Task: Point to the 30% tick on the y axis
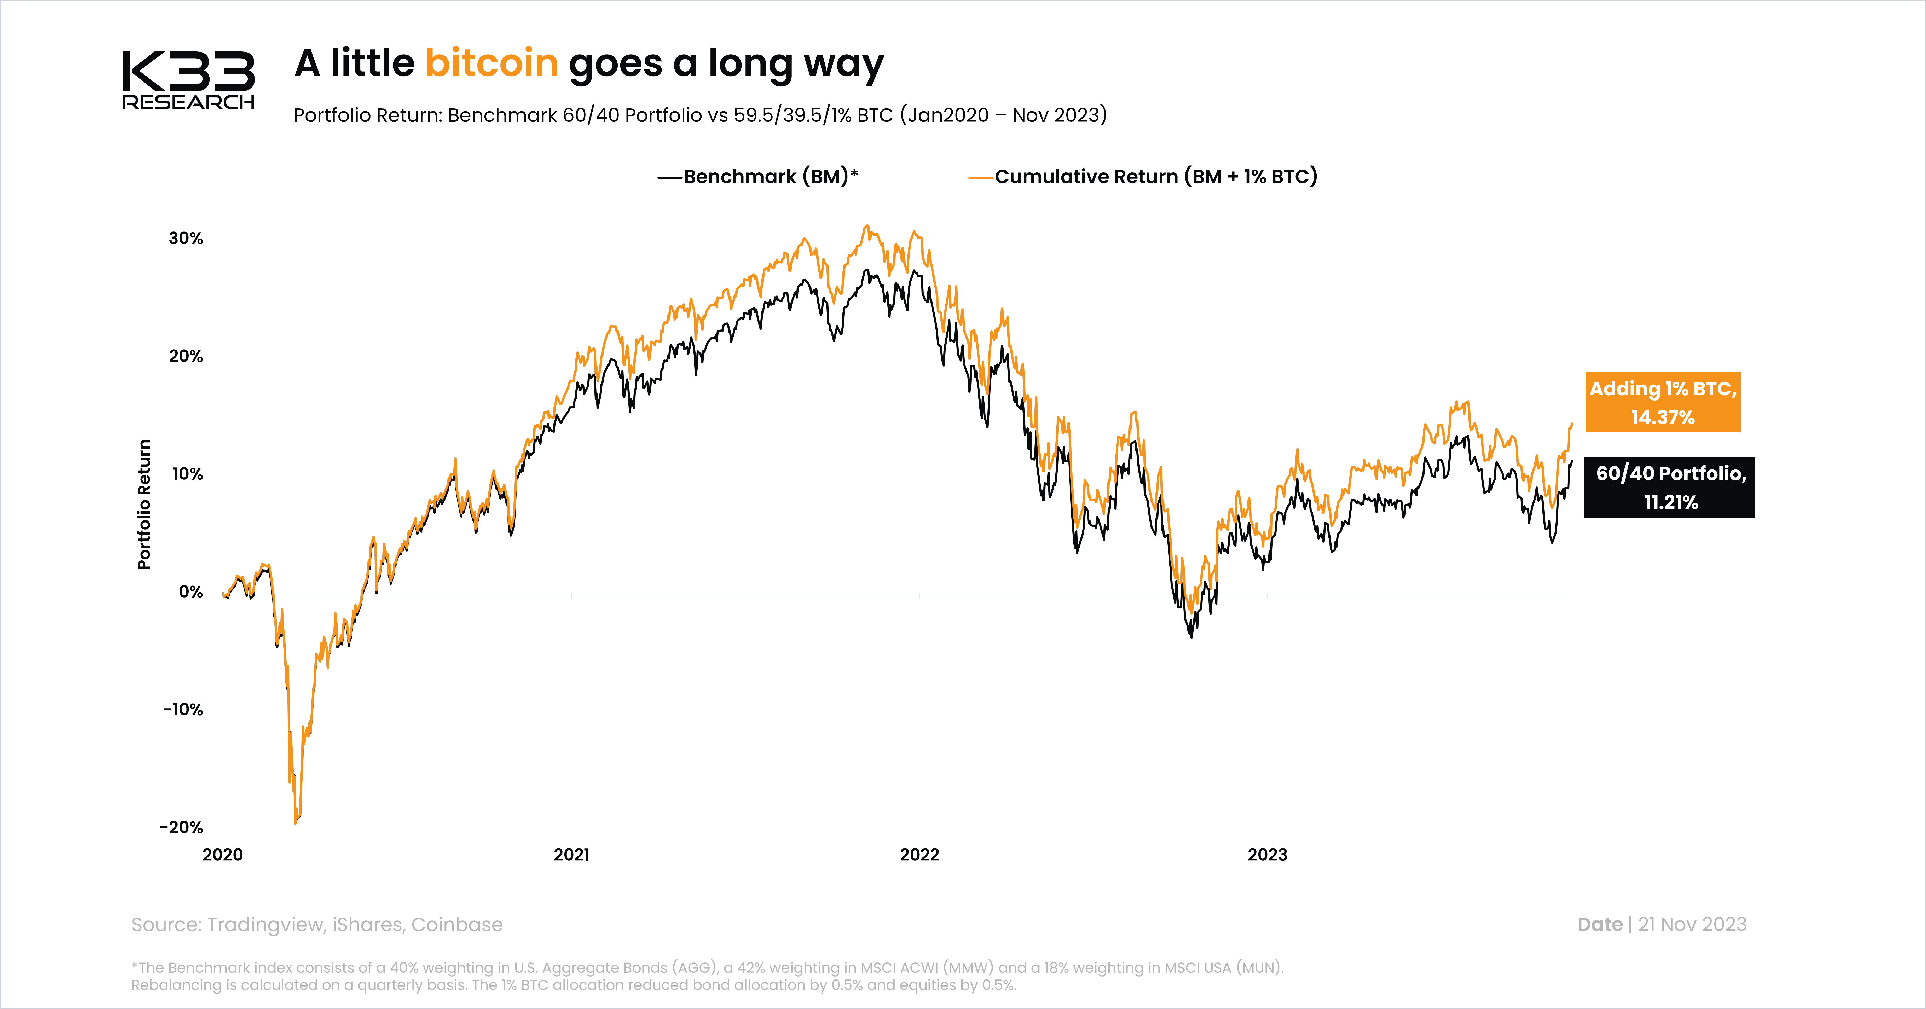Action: point(186,239)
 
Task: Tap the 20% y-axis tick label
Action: point(186,357)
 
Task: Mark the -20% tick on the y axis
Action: point(182,827)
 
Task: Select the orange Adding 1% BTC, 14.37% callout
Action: point(1663,402)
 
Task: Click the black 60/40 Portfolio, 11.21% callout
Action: point(1670,487)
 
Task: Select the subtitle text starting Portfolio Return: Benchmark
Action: point(700,115)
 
